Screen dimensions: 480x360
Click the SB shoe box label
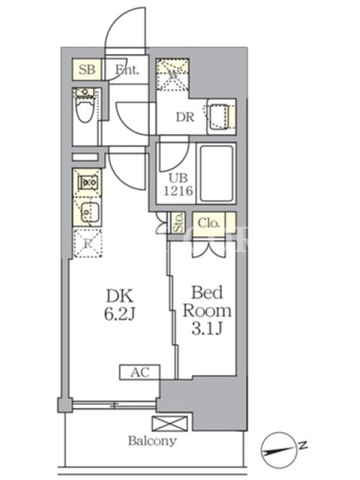[x=88, y=70]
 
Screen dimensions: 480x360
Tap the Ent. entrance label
[x=127, y=70]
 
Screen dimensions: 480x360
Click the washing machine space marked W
[x=173, y=74]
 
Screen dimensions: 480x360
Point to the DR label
[x=184, y=117]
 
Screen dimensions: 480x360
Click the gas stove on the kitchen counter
[x=88, y=180]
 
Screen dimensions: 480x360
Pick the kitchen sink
[x=88, y=211]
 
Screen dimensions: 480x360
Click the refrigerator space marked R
[x=87, y=243]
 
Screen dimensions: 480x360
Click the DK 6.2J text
[x=122, y=304]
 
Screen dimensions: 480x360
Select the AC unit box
[x=139, y=373]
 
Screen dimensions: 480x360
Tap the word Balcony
[x=152, y=442]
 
